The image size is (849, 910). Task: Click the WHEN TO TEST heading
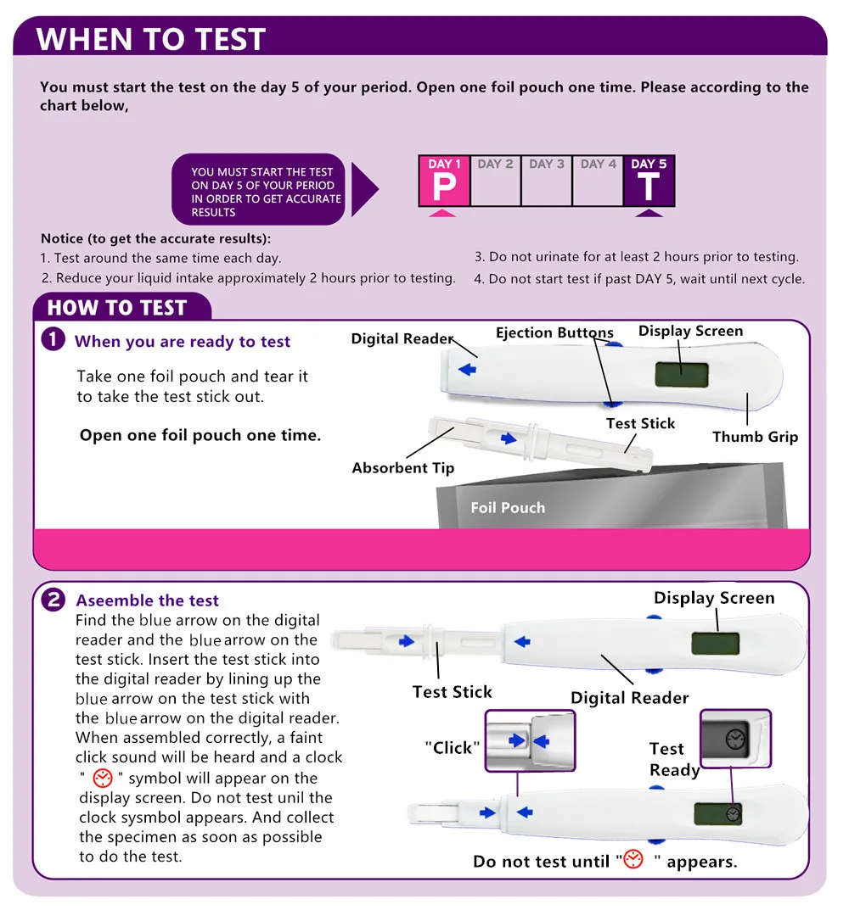pyautogui.click(x=151, y=39)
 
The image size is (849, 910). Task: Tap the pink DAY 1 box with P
pyautogui.click(x=443, y=181)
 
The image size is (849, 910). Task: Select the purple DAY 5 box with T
pyautogui.click(x=649, y=181)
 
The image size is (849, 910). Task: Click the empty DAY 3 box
pyautogui.click(x=546, y=181)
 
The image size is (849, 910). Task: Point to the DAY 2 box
pyautogui.click(x=495, y=181)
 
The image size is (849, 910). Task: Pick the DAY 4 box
pyautogui.click(x=598, y=181)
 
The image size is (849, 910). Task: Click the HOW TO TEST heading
pyautogui.click(x=116, y=308)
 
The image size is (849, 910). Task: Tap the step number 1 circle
pyautogui.click(x=53, y=340)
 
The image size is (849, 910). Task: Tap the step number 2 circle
pyautogui.click(x=53, y=600)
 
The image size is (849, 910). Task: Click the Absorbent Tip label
pyautogui.click(x=403, y=468)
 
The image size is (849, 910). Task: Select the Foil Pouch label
pyautogui.click(x=508, y=508)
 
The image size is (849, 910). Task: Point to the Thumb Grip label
pyautogui.click(x=755, y=438)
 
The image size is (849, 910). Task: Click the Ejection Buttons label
pyautogui.click(x=554, y=333)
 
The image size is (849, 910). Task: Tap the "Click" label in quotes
pyautogui.click(x=453, y=748)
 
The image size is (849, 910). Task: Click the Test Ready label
pyautogui.click(x=674, y=760)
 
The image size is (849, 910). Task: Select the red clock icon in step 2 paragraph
pyautogui.click(x=103, y=779)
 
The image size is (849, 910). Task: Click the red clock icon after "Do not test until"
pyautogui.click(x=633, y=860)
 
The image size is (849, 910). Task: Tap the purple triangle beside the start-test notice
pyautogui.click(x=364, y=190)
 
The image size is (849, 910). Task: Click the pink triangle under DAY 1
pyautogui.click(x=442, y=213)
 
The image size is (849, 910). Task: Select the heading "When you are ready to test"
pyautogui.click(x=183, y=342)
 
